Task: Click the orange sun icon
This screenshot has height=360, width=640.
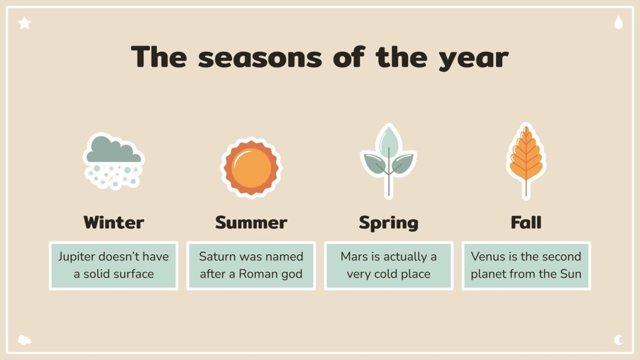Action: pyautogui.click(x=251, y=167)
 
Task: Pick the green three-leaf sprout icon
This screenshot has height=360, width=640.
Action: pyautogui.click(x=388, y=161)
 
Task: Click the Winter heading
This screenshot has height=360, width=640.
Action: pyautogui.click(x=113, y=222)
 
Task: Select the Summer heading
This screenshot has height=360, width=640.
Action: pyautogui.click(x=251, y=222)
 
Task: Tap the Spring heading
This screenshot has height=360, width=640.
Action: pyautogui.click(x=388, y=222)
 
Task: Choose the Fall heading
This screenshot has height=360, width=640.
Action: pyautogui.click(x=526, y=222)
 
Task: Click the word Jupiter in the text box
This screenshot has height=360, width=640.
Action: pyautogui.click(x=77, y=257)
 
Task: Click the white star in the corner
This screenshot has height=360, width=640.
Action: pyautogui.click(x=24, y=22)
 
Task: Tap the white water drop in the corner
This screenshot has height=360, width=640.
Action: pyautogui.click(x=618, y=22)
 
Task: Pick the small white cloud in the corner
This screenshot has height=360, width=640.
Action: pyautogui.click(x=24, y=340)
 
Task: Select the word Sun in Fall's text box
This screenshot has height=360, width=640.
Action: pyautogui.click(x=571, y=274)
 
